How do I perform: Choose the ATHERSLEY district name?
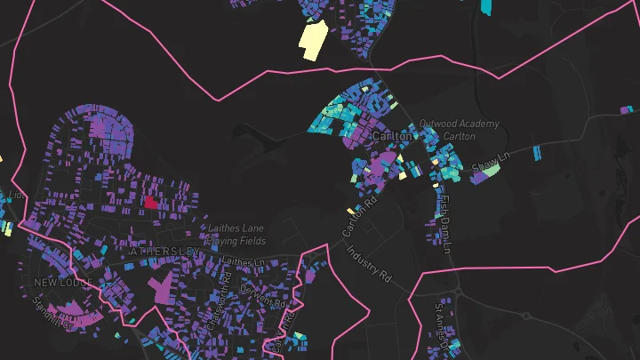pyautogui.click(x=164, y=252)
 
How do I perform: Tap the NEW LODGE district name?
pyautogui.click(x=63, y=282)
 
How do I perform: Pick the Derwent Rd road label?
pyautogui.click(x=264, y=295)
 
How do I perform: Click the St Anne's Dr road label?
pyautogui.click(x=442, y=322)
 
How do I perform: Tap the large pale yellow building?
pyautogui.click(x=312, y=40)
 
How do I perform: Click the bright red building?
pyautogui.click(x=150, y=202)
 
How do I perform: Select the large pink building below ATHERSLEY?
pyautogui.click(x=161, y=289)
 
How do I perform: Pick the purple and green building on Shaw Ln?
pyautogui.click(x=484, y=173)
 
